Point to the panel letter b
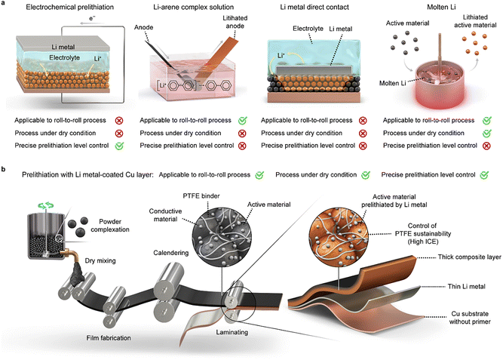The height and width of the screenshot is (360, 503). click(x=5, y=171)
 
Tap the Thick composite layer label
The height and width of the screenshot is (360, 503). click(x=446, y=257)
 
